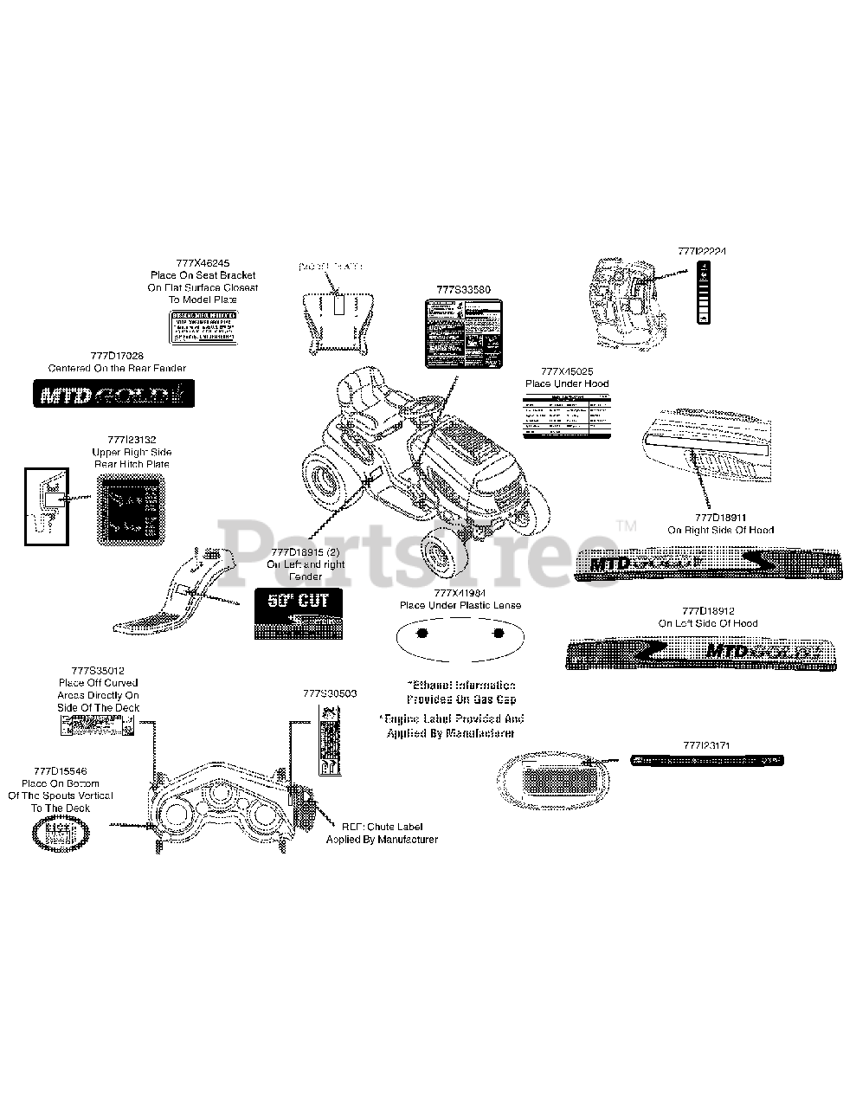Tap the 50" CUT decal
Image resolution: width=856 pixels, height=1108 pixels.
(298, 613)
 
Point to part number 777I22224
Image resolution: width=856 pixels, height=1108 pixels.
(702, 251)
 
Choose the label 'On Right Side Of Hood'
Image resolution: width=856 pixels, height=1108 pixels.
(720, 530)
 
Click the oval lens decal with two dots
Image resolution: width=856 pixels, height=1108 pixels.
(460, 635)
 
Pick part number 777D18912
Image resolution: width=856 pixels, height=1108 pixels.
(707, 611)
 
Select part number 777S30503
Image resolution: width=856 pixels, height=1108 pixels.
(330, 693)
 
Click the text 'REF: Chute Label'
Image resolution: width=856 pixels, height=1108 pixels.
(382, 827)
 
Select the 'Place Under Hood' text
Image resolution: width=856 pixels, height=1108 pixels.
(567, 383)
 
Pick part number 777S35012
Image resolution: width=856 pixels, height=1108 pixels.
(98, 671)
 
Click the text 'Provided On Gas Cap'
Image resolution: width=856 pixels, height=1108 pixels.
(461, 699)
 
